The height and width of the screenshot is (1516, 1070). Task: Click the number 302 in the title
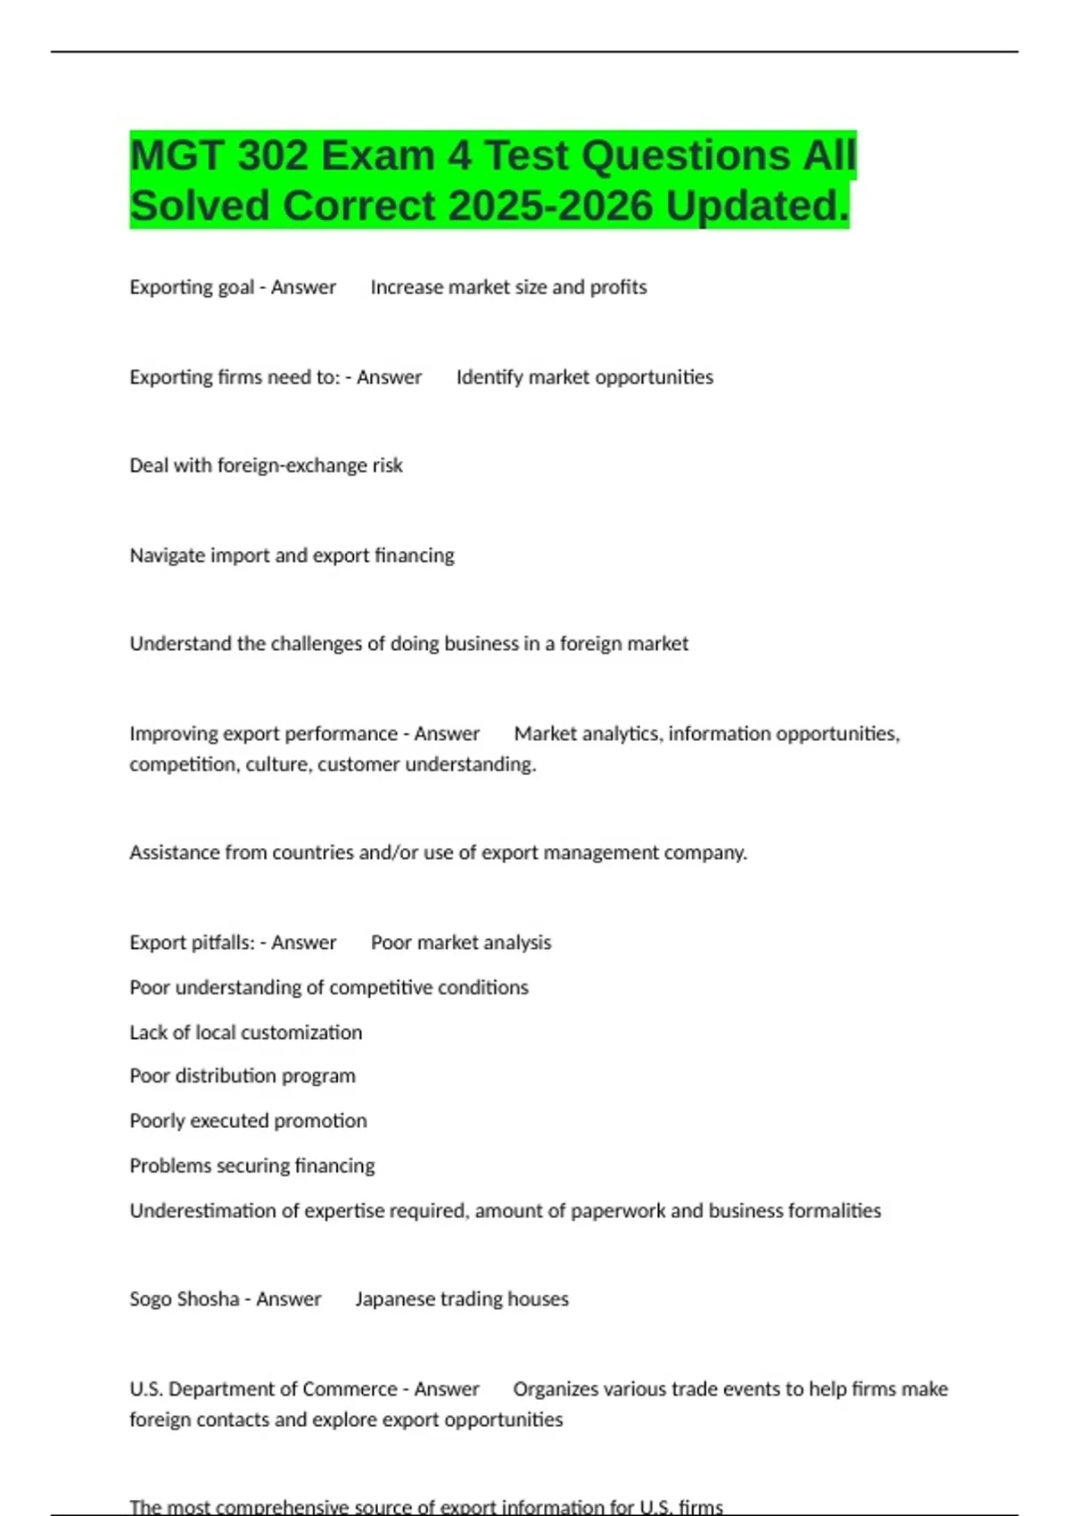tap(263, 156)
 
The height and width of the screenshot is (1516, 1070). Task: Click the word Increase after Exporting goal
tap(406, 287)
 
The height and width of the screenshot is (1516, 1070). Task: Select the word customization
tap(302, 1033)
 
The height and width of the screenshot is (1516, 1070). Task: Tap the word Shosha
tap(210, 1299)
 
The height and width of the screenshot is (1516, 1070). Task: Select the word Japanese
tap(396, 1299)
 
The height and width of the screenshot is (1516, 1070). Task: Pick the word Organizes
tap(556, 1389)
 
